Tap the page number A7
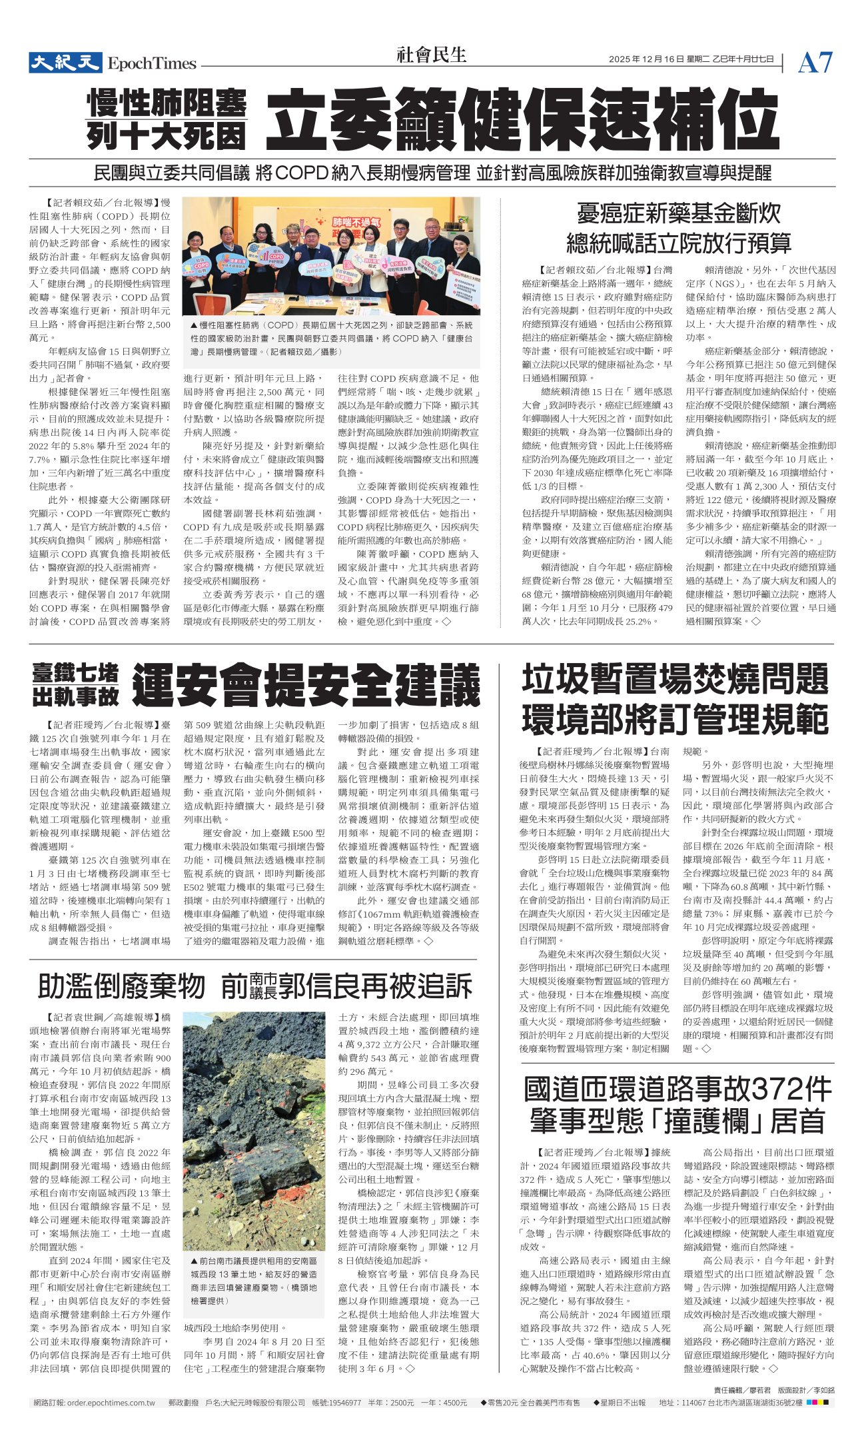pyautogui.click(x=815, y=63)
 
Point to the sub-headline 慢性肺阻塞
pyautogui.click(x=167, y=103)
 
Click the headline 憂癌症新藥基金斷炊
pyautogui.click(x=678, y=213)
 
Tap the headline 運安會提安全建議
pyautogui.click(x=306, y=684)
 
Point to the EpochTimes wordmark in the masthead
pyautogui.click(x=153, y=64)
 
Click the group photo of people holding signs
pyautogui.click(x=331, y=255)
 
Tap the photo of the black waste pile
pyautogui.click(x=254, y=1130)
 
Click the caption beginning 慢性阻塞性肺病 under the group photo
pyautogui.click(x=331, y=338)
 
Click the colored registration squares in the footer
pyautogui.click(x=817, y=1403)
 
